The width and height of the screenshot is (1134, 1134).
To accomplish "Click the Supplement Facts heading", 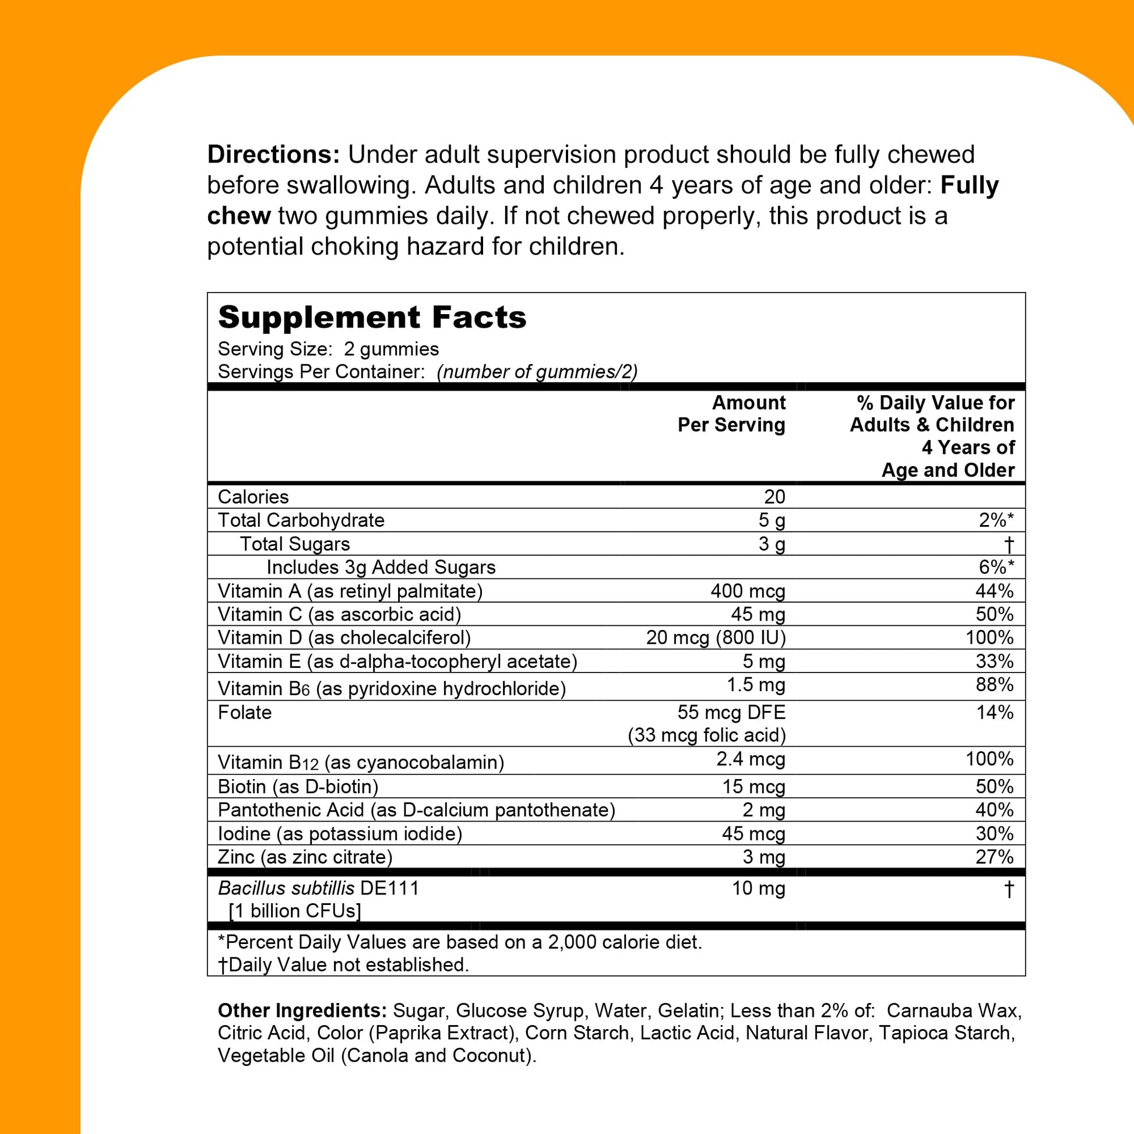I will [x=372, y=318].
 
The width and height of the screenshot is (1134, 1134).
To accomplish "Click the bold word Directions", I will [x=273, y=155].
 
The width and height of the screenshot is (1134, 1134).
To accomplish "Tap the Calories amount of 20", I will [x=774, y=497].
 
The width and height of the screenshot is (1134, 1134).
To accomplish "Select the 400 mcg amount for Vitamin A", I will [x=747, y=591].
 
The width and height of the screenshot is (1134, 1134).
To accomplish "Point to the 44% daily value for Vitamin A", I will [x=994, y=591].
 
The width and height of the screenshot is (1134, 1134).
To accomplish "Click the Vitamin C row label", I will [x=339, y=615].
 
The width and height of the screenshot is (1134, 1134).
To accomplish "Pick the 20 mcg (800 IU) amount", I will [x=716, y=638].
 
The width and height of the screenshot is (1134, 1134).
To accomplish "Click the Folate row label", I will [x=245, y=713].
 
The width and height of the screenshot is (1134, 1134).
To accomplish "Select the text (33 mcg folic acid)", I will [x=706, y=735].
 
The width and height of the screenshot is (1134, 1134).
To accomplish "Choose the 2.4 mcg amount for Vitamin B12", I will [x=750, y=759].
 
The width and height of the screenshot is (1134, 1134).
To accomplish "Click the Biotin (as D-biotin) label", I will [x=298, y=787].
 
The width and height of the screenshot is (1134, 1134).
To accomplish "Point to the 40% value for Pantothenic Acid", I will [x=994, y=810].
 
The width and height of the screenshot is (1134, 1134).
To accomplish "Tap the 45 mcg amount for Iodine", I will [x=753, y=833].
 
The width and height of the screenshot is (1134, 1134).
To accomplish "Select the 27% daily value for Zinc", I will [x=994, y=857].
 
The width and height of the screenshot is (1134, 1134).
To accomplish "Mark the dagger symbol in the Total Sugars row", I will [x=1008, y=545].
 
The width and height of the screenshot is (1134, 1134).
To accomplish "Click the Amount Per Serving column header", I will [x=731, y=414].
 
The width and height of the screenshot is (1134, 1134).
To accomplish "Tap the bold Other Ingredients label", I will [x=302, y=1010].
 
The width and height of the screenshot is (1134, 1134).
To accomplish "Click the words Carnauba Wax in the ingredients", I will [x=953, y=1010].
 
